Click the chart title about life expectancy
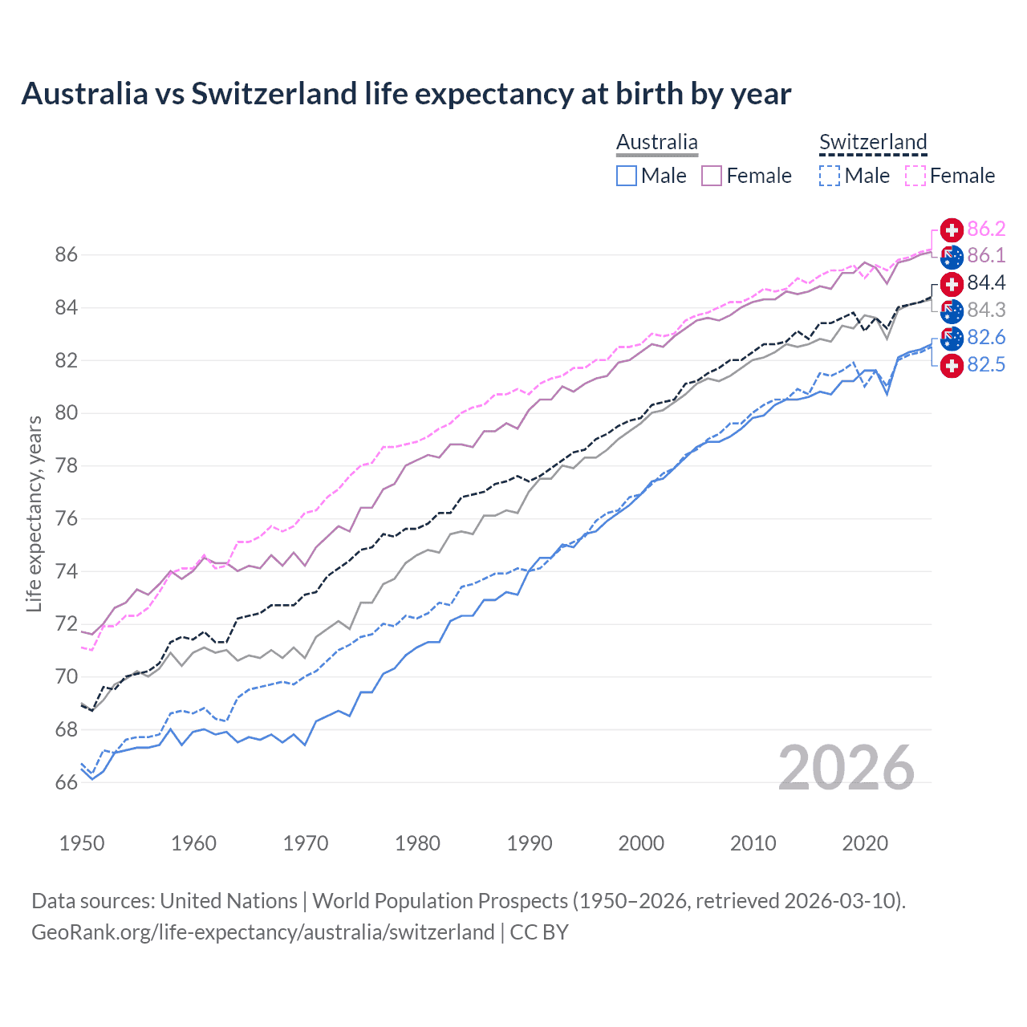click(x=406, y=94)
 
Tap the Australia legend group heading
click(x=656, y=142)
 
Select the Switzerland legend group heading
click(x=873, y=142)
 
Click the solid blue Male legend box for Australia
click(x=627, y=176)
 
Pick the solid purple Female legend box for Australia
click(x=712, y=176)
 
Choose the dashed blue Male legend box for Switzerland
click(x=830, y=176)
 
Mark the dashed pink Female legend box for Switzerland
click(x=915, y=176)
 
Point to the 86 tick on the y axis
click(x=67, y=255)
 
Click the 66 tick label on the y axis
click(x=67, y=782)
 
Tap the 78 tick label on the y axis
click(x=67, y=466)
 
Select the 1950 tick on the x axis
click(x=82, y=843)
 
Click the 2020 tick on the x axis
click(x=865, y=843)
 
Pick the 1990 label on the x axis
click(x=530, y=843)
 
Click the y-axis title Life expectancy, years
click(x=34, y=513)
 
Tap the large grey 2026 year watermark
click(x=846, y=768)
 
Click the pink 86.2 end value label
click(x=986, y=229)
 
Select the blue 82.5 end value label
click(x=986, y=365)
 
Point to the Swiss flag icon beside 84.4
click(x=952, y=284)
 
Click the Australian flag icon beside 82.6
click(x=952, y=338)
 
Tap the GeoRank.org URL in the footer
click(x=263, y=932)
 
